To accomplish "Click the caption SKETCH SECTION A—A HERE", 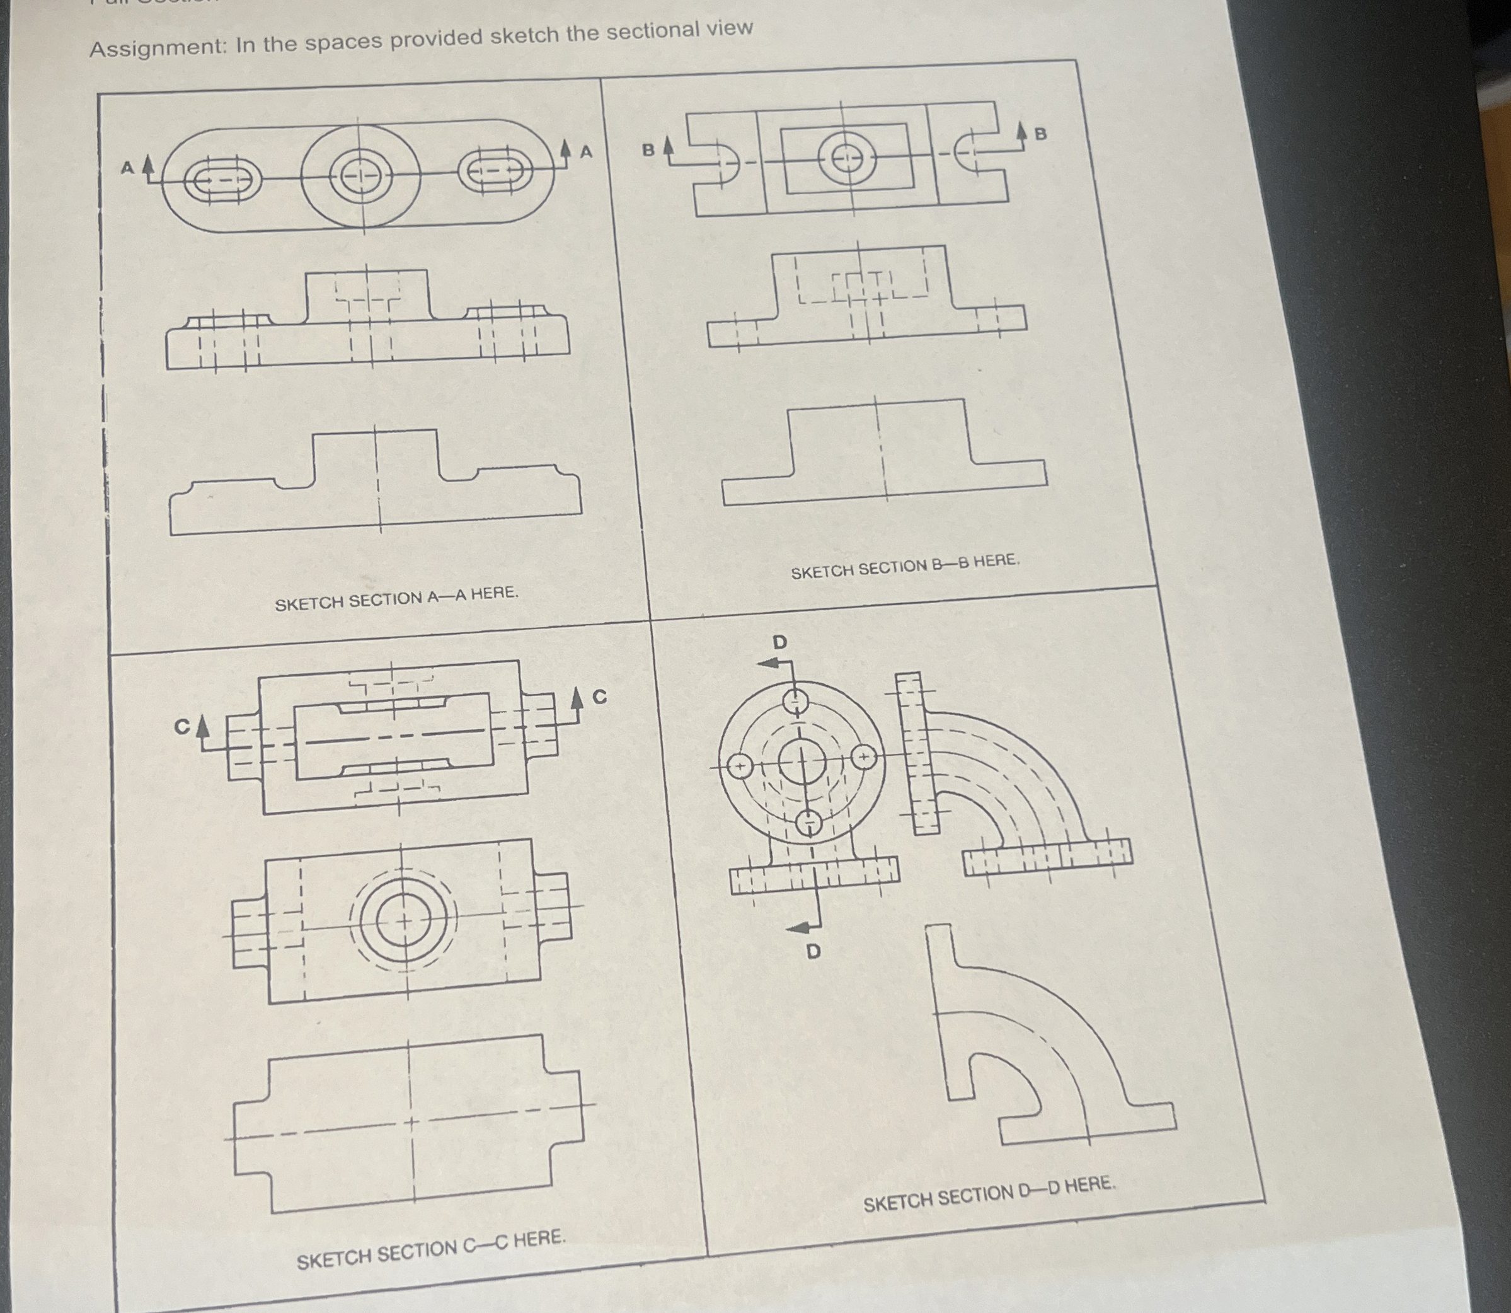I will click(396, 598).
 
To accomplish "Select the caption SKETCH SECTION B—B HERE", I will click(905, 565).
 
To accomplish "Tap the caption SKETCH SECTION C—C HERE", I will click(430, 1249).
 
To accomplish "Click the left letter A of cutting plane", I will click(127, 168).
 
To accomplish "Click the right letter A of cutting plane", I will click(586, 152).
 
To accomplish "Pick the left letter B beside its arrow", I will click(648, 150).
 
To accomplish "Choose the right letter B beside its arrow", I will click(1040, 134).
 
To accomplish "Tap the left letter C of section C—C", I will click(181, 727).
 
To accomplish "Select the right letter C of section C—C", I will click(599, 697).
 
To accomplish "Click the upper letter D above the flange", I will click(780, 642).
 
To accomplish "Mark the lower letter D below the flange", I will click(813, 952).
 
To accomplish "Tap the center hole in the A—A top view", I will click(360, 176).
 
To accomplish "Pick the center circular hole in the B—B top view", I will click(846, 158).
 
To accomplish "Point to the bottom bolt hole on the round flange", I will click(809, 822).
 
